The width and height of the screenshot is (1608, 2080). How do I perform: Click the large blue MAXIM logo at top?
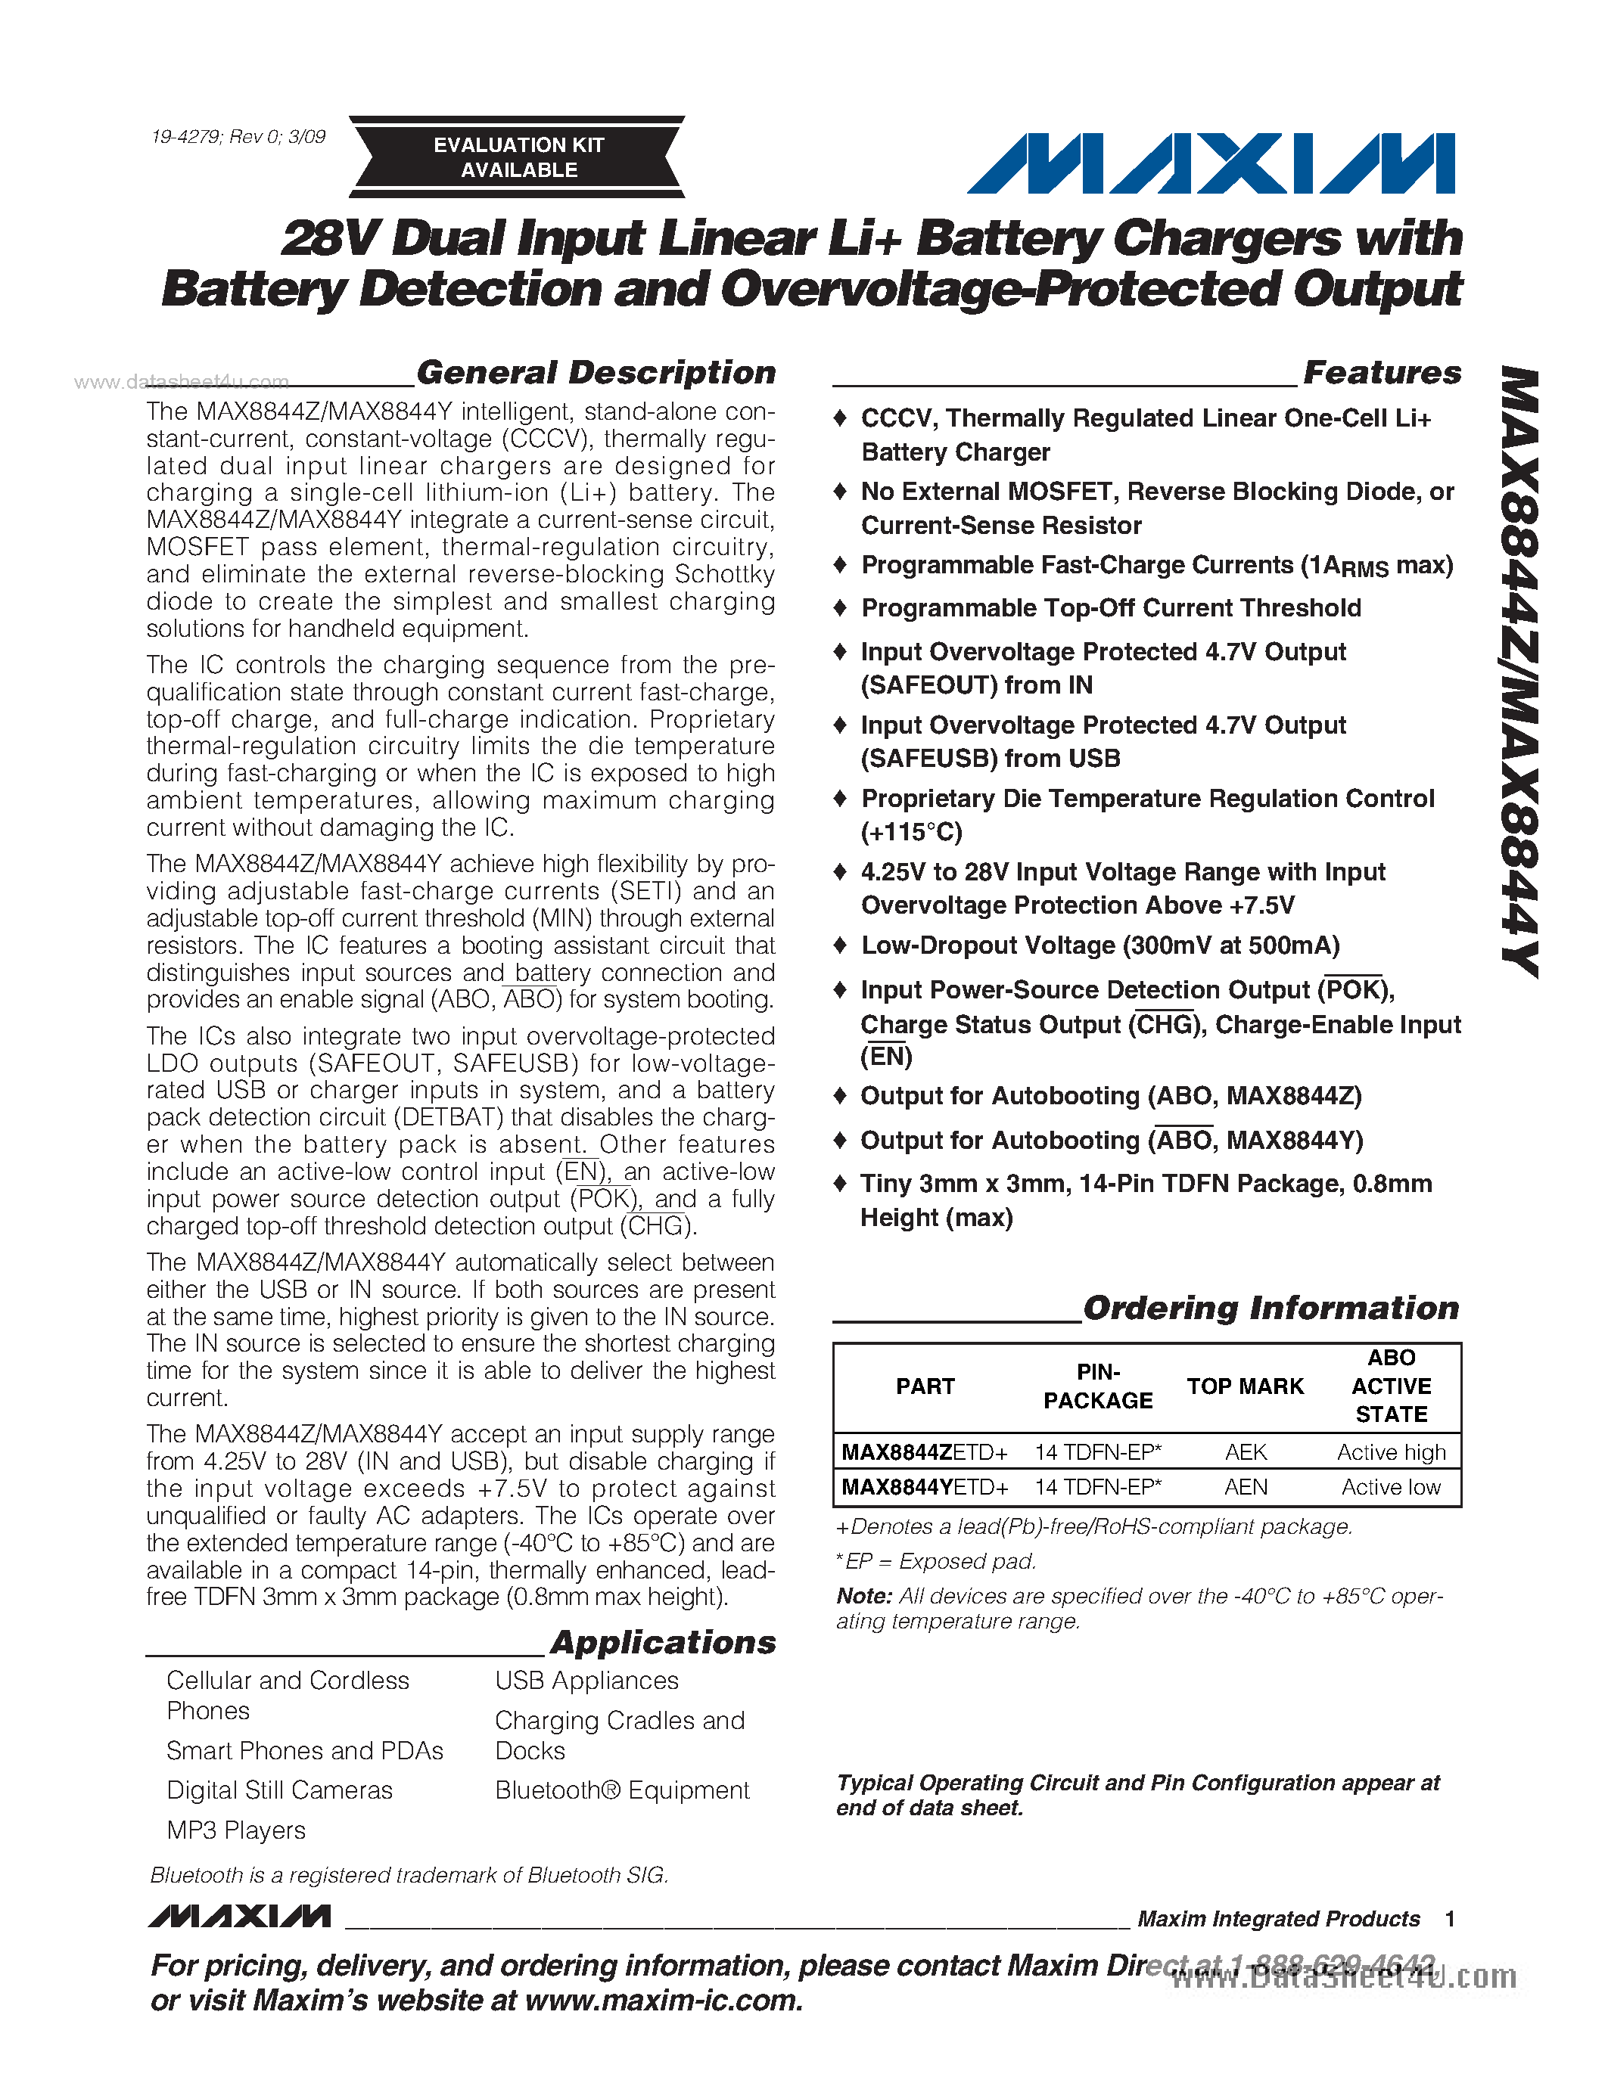click(x=1211, y=164)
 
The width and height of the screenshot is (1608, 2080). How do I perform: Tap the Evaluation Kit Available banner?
click(x=518, y=157)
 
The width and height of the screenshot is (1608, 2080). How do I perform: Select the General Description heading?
click(x=596, y=372)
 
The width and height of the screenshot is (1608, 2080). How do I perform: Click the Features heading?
click(x=1381, y=372)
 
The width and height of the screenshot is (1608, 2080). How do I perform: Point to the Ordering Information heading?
click(x=1271, y=1308)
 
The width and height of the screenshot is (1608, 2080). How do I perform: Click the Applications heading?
click(x=663, y=1642)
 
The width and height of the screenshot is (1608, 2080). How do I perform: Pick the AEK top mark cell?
click(x=1245, y=1451)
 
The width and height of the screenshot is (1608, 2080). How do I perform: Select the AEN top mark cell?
click(x=1245, y=1487)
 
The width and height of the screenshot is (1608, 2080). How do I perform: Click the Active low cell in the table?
click(x=1391, y=1487)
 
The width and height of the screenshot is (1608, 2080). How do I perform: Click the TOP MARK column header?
click(x=1245, y=1386)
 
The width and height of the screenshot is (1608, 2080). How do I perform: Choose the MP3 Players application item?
click(x=236, y=1830)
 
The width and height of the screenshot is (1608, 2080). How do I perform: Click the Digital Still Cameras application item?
click(x=279, y=1790)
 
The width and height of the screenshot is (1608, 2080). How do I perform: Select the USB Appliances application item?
click(x=586, y=1680)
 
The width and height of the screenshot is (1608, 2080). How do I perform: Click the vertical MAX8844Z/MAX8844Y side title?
click(x=1520, y=672)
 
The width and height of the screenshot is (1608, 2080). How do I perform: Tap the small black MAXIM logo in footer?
click(x=240, y=1916)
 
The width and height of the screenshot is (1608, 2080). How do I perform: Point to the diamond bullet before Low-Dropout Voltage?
click(x=840, y=945)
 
